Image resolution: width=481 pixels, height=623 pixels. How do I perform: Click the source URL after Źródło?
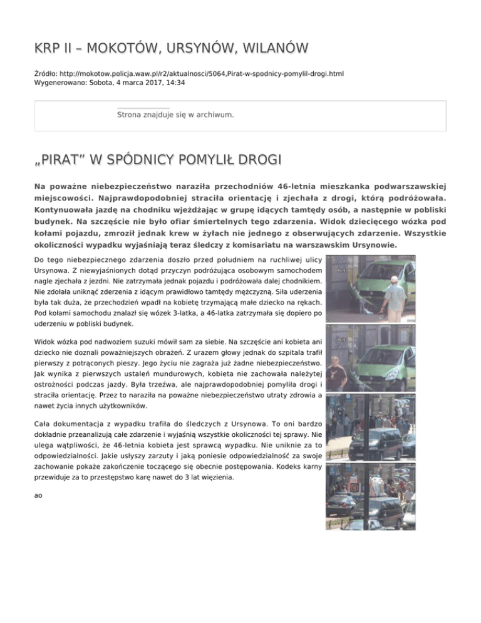194,74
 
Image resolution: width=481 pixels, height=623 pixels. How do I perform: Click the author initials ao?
38,495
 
